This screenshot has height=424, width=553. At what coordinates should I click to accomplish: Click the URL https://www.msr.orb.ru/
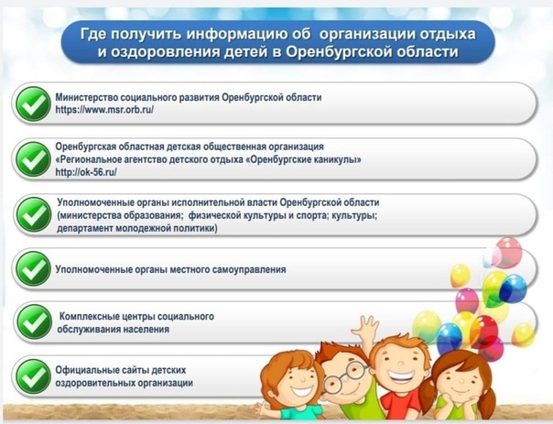(x=104, y=110)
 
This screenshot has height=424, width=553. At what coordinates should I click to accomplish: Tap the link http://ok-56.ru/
(x=86, y=172)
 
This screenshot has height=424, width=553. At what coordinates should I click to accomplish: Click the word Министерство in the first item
(x=86, y=97)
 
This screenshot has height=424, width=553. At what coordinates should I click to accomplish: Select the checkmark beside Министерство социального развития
(x=34, y=103)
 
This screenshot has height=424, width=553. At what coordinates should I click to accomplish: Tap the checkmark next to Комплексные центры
(x=34, y=322)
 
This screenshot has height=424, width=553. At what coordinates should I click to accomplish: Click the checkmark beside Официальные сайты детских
(x=34, y=376)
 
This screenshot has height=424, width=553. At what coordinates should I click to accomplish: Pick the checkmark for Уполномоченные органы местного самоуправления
(x=34, y=269)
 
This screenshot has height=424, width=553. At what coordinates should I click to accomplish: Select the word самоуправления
(x=246, y=270)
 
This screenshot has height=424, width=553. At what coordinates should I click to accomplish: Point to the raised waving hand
(x=364, y=328)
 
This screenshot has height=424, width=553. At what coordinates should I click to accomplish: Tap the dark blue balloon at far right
(x=513, y=288)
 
